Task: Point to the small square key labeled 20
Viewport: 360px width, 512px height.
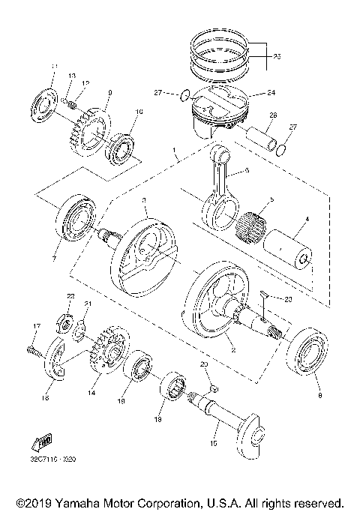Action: coord(212,388)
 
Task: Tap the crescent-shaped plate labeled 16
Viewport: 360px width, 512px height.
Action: coord(56,364)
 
